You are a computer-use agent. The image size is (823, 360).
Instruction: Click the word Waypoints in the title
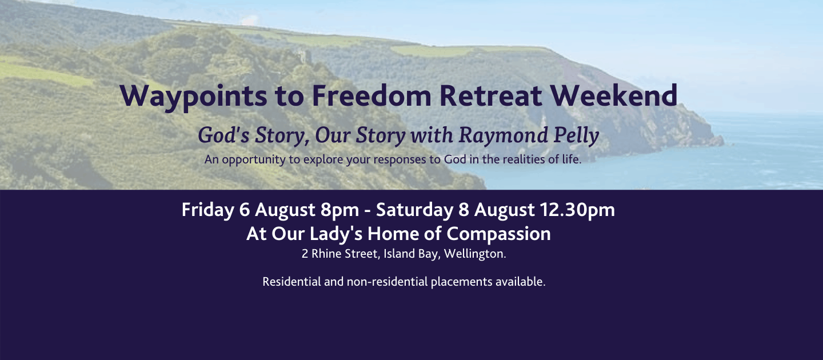point(193,97)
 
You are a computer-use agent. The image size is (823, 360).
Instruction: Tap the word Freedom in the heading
point(371,95)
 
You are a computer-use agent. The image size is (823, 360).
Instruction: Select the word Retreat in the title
point(490,95)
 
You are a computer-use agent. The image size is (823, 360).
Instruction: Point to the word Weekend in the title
point(614,95)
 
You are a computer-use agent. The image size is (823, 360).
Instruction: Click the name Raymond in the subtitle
point(503,135)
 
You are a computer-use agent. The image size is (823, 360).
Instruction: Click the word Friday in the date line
point(207,210)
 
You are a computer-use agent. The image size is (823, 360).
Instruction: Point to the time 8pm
point(339,210)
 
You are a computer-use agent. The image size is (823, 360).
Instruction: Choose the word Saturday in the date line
point(414,210)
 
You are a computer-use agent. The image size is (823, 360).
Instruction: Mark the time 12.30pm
point(577,210)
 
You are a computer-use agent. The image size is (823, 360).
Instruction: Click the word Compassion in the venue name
point(498,234)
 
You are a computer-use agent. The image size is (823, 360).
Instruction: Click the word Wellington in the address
point(474,254)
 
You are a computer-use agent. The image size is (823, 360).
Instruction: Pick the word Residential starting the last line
point(292,282)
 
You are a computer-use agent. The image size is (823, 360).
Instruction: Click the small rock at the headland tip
point(717,141)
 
